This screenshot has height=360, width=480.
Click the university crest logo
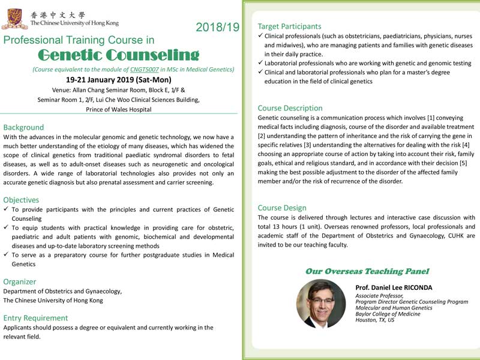[x=15, y=17]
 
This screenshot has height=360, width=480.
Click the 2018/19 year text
[x=217, y=27]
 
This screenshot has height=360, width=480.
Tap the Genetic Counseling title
[x=118, y=56]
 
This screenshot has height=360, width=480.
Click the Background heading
[x=23, y=127]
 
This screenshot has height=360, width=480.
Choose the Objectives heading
[x=21, y=200]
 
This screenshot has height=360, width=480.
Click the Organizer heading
[x=19, y=281]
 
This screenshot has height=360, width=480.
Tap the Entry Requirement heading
[x=35, y=318]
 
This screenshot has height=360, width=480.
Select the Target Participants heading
[x=289, y=26]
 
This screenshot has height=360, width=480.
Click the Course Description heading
[x=290, y=108]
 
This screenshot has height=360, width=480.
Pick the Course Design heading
[x=282, y=208]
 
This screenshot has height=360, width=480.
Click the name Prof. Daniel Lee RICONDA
[x=394, y=288]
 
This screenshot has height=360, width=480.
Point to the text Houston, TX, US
[x=375, y=320]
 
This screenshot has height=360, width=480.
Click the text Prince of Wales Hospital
[x=119, y=110]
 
